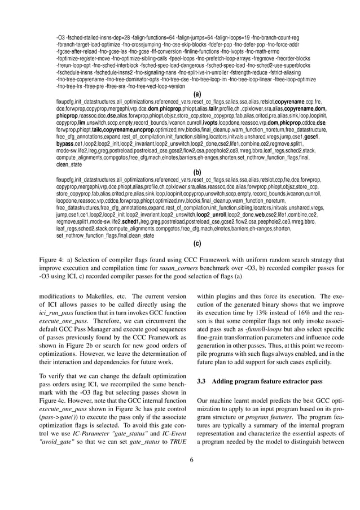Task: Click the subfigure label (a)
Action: tap(197, 94)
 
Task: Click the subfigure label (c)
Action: tap(197, 243)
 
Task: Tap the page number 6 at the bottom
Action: tap(191, 460)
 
